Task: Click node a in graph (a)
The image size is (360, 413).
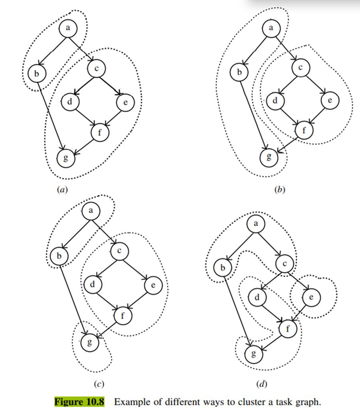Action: coord(68,28)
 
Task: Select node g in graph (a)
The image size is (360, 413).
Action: coord(66,158)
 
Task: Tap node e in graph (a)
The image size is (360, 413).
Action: coord(126,102)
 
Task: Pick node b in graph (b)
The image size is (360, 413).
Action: coord(239,72)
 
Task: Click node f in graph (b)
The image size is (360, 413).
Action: coord(304,130)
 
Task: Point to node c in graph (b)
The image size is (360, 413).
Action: coord(301,67)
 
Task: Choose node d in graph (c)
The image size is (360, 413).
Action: coord(93,285)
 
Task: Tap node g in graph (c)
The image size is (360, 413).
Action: coord(90,342)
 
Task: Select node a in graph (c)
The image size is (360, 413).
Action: coord(91,210)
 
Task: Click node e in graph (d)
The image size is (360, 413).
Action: coord(311,297)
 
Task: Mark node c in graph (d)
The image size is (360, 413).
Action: coord(285,264)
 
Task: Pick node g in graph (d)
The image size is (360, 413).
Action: coord(254,354)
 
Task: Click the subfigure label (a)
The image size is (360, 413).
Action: coord(63,189)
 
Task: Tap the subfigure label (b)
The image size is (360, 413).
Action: coord(280,189)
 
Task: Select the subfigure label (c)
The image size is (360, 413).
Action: coord(99,384)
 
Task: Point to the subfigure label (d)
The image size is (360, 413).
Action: coord(262,384)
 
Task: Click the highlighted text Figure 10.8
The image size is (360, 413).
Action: coord(79,402)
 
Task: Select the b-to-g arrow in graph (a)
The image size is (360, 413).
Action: coord(51,116)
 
